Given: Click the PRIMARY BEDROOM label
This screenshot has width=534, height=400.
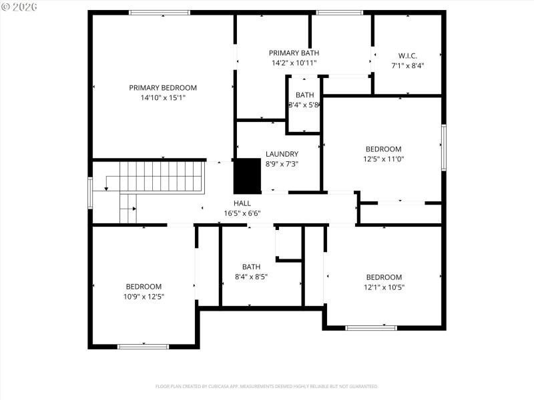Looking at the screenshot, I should tap(163, 87).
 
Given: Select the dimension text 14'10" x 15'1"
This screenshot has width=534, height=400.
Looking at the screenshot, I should tap(163, 97).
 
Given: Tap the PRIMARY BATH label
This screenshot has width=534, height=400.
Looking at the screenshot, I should tap(294, 53).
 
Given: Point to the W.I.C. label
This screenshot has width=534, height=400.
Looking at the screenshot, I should tap(407, 56).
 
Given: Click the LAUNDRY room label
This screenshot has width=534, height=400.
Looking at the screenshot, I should tap(282, 153).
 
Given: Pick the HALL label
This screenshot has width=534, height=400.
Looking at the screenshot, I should tap(242, 203).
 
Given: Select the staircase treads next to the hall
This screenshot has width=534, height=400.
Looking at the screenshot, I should tap(160, 177).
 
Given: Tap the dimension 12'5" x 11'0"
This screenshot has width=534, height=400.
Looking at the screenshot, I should tap(383, 159).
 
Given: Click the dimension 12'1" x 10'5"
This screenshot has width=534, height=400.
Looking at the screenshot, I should tap(384, 287).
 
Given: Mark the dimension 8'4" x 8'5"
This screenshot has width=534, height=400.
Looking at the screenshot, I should tap(251, 277).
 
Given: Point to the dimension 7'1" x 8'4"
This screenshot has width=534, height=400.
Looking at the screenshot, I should tap(407, 66).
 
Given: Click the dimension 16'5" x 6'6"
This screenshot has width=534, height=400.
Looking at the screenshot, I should tap(242, 214).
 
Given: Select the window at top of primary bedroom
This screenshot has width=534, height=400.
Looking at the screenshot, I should tap(160, 13).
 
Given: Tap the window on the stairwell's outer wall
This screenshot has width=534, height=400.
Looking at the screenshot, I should tap(90, 192).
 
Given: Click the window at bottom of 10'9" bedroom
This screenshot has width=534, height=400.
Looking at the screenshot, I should tap(143, 346).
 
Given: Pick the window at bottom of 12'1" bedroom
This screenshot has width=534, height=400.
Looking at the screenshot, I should tap(371, 327).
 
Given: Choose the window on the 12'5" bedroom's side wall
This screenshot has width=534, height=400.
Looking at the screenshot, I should tap(443, 147).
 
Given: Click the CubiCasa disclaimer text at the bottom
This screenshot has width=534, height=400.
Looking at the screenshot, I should tap(267, 386).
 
